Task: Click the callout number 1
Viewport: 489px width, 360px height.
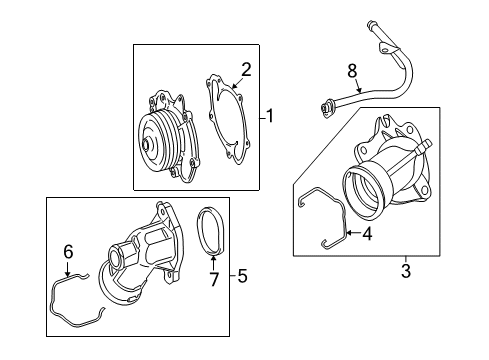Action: tap(270, 116)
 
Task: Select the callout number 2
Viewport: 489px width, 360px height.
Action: tap(246, 70)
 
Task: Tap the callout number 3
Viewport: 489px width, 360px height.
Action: tap(406, 271)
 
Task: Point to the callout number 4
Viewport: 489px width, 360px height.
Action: tap(367, 234)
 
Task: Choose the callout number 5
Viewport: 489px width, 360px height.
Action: tap(242, 276)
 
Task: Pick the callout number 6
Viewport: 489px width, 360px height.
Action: tap(68, 252)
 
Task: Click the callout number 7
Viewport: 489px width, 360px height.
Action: tap(213, 279)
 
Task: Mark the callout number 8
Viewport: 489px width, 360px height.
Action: tap(352, 71)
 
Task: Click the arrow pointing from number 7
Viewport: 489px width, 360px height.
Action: tap(213, 263)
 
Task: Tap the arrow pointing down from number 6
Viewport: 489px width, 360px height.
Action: tap(68, 269)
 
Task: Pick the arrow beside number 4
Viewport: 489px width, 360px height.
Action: tap(353, 233)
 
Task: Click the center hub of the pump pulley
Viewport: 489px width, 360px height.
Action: tap(147, 144)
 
